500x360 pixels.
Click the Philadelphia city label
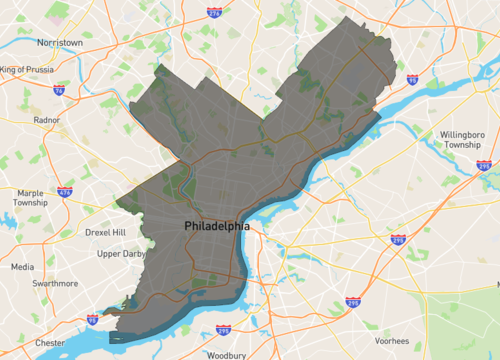click(216, 227)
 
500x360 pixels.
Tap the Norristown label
click(59, 43)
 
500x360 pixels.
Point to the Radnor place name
click(47, 119)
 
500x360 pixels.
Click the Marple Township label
click(30, 197)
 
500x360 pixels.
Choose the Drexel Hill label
click(105, 232)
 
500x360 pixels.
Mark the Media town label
click(22, 267)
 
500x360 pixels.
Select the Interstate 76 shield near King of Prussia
click(59, 90)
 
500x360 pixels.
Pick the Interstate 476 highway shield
click(64, 190)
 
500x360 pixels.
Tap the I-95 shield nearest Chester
click(93, 320)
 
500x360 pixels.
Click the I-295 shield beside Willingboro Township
click(484, 166)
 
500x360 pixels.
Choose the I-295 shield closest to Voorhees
click(352, 301)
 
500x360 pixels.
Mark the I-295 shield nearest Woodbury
click(223, 331)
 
